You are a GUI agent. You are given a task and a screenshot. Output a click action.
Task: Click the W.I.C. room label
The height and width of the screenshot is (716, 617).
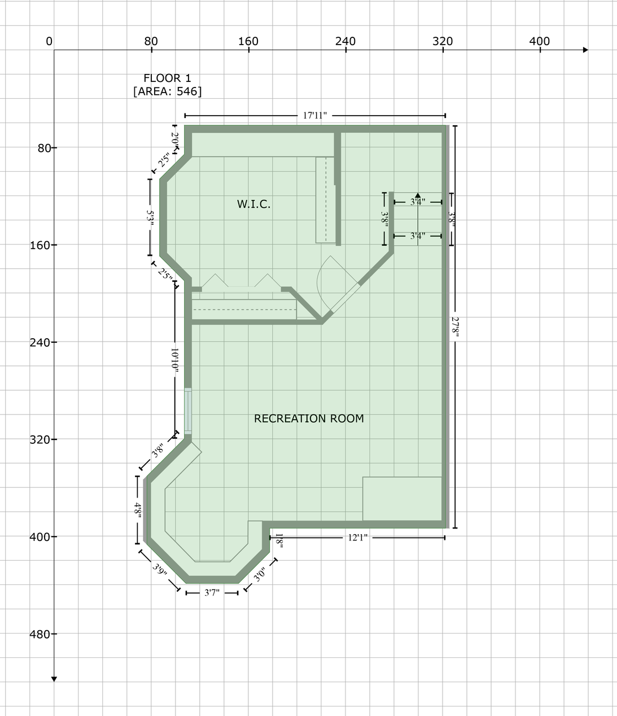[x=253, y=204]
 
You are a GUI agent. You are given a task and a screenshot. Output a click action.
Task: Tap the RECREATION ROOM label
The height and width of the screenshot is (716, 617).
[x=309, y=418]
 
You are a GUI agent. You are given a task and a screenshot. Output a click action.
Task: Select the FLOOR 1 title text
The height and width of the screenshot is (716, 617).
[x=167, y=78]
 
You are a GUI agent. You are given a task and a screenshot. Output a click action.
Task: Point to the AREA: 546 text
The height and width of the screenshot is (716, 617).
[x=167, y=91]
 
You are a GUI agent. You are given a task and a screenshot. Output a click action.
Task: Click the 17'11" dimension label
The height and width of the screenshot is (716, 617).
[x=315, y=116]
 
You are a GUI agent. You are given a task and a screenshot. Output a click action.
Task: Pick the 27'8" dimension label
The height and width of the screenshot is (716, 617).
[x=456, y=328]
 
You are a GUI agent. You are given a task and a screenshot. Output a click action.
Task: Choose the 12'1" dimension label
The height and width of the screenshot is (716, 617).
[x=357, y=538]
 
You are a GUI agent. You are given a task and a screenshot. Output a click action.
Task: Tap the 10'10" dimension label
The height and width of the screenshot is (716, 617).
[x=175, y=360]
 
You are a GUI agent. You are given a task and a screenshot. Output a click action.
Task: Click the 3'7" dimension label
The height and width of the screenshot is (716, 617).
[x=212, y=592]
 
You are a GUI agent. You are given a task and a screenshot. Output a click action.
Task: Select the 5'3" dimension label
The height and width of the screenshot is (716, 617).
[x=150, y=217]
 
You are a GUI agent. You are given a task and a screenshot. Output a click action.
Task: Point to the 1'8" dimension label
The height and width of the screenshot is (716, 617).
[x=278, y=541]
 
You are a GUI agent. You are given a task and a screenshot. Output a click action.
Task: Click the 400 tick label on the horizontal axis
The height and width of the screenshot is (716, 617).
[x=539, y=41]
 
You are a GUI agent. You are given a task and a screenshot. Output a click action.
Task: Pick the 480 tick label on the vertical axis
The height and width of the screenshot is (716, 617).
[x=40, y=634]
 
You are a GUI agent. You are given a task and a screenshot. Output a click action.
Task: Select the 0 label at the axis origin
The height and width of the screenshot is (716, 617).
[x=49, y=41]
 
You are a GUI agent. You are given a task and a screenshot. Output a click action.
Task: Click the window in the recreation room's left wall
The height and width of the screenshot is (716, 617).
[x=189, y=411]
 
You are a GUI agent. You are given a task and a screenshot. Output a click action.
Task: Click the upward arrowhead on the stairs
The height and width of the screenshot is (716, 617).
[x=418, y=195]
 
